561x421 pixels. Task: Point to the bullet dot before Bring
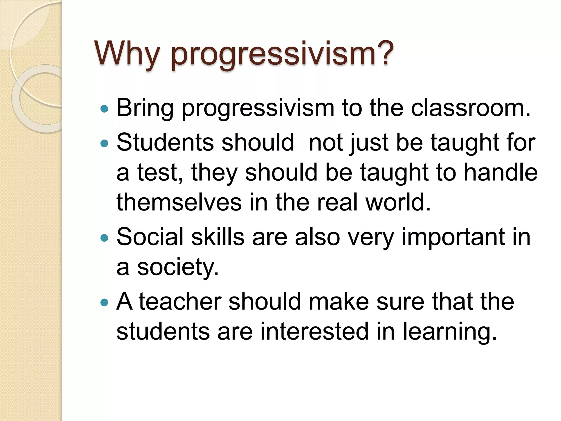click(x=104, y=109)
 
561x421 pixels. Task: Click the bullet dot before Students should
click(x=104, y=143)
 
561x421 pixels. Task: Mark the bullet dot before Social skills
click(x=104, y=238)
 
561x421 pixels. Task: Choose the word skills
click(x=217, y=237)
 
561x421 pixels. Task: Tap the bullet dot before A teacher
click(x=104, y=302)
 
